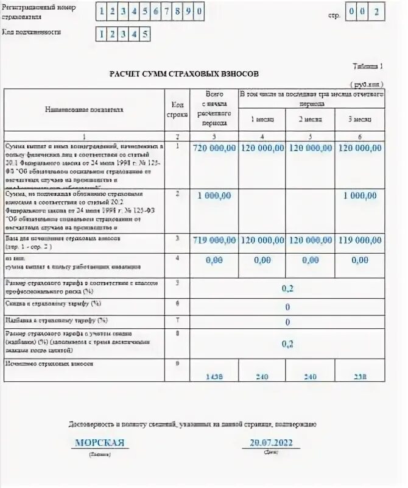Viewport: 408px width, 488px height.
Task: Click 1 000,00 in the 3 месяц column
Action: [x=360, y=195]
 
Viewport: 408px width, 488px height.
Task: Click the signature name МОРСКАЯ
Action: [x=99, y=442]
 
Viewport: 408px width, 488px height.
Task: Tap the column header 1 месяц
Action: [x=262, y=119]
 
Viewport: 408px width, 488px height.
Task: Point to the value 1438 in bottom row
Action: [x=213, y=377]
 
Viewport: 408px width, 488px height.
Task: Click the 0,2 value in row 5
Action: [x=287, y=287]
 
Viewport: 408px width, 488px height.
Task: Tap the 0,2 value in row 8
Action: [x=287, y=344]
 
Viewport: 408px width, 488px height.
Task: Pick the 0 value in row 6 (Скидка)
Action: [x=287, y=307]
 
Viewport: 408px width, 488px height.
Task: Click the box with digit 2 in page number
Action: [x=378, y=10]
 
